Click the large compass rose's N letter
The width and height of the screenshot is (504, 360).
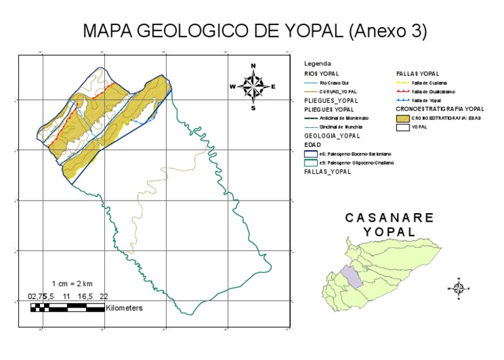(253, 65)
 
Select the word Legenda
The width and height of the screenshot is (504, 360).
(318, 64)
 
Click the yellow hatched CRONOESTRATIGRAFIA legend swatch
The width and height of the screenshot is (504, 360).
(404, 118)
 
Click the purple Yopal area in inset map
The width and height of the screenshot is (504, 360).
(354, 277)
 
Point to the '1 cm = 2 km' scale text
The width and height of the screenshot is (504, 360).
(72, 283)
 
